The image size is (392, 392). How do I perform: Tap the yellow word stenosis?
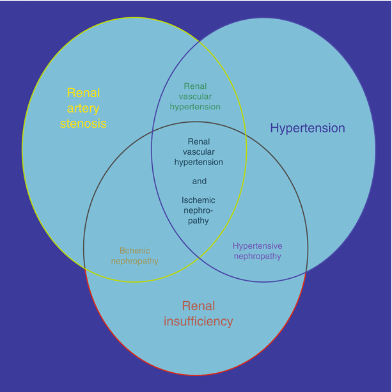point(83,123)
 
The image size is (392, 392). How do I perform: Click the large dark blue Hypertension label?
point(308,128)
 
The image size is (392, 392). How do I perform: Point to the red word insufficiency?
point(198,321)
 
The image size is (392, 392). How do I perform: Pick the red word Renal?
point(198,306)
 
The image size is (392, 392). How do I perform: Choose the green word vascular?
point(195,96)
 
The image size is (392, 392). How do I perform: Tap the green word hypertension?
point(195,106)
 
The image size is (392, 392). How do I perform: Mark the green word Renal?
point(195,86)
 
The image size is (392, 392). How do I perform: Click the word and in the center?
point(199,181)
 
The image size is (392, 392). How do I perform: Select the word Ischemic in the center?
point(199,200)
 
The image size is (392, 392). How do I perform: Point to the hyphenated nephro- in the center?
point(199,210)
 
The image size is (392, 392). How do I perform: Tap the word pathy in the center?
point(199,221)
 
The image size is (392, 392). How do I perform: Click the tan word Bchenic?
point(134,251)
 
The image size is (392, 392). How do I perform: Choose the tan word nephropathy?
point(134,261)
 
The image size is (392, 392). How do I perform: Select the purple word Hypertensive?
point(257,246)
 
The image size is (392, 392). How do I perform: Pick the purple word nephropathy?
point(257,256)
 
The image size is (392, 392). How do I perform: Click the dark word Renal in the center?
point(199,141)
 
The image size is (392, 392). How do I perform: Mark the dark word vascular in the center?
point(199,152)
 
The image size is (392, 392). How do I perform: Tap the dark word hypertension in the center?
point(199,162)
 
